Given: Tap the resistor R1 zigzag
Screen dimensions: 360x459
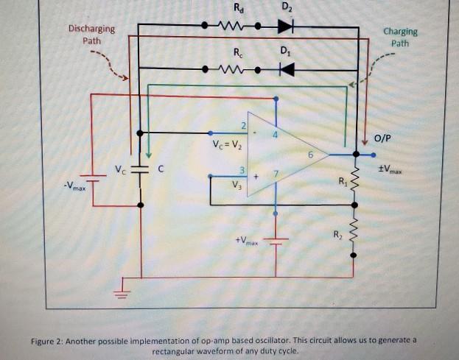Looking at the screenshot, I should [x=354, y=177].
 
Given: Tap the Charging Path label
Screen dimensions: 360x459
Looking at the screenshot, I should [x=400, y=38].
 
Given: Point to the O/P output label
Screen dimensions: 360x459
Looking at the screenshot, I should [x=384, y=138].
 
